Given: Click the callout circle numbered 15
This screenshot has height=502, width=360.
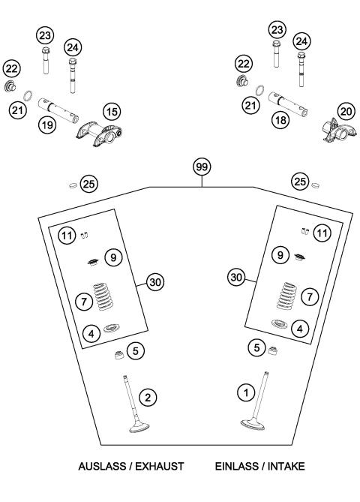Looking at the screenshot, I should coord(111,112).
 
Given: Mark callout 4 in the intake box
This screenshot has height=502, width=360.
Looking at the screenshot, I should coord(300,328).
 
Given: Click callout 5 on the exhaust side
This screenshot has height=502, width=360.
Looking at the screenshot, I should coord(135,349).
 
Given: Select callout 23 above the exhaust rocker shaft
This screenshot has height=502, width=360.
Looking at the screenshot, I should coord(45,35).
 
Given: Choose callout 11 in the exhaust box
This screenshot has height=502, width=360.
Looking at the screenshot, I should coord(67,236).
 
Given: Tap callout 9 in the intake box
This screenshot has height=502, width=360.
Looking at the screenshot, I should coord(280,256).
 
